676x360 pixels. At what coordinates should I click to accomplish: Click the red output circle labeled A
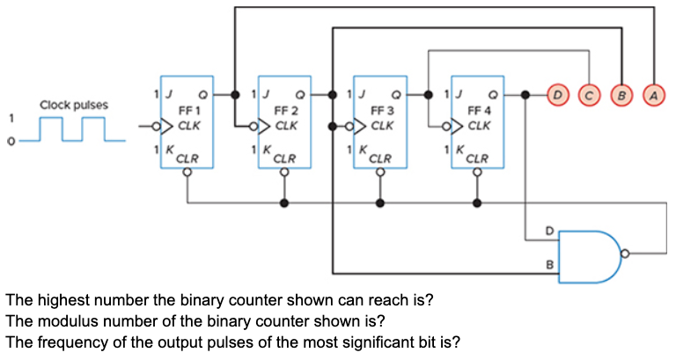point(654,92)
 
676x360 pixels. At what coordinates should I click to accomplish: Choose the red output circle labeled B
point(622,92)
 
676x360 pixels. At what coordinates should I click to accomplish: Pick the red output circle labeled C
point(590,92)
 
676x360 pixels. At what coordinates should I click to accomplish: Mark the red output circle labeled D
point(558,92)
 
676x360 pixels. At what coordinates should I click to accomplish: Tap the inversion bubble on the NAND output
point(625,256)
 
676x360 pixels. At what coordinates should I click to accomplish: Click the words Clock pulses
point(75,106)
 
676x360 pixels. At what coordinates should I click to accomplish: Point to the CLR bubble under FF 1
point(187,173)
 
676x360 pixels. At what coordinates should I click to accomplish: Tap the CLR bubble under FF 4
point(477,173)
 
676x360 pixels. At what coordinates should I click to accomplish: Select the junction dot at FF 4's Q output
point(525,93)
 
